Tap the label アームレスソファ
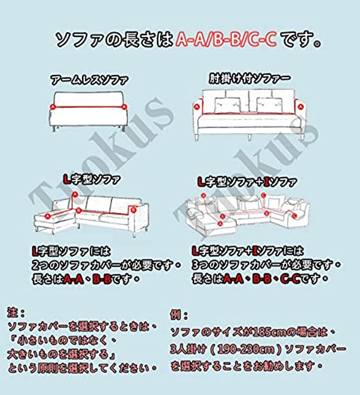coord(89,81)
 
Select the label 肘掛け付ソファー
coord(250,79)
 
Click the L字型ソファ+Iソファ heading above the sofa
coord(247,182)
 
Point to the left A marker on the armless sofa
coord(53,107)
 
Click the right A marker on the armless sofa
coord(124,107)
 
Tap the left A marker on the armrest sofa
coord(196,107)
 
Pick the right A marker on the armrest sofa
coord(300,107)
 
